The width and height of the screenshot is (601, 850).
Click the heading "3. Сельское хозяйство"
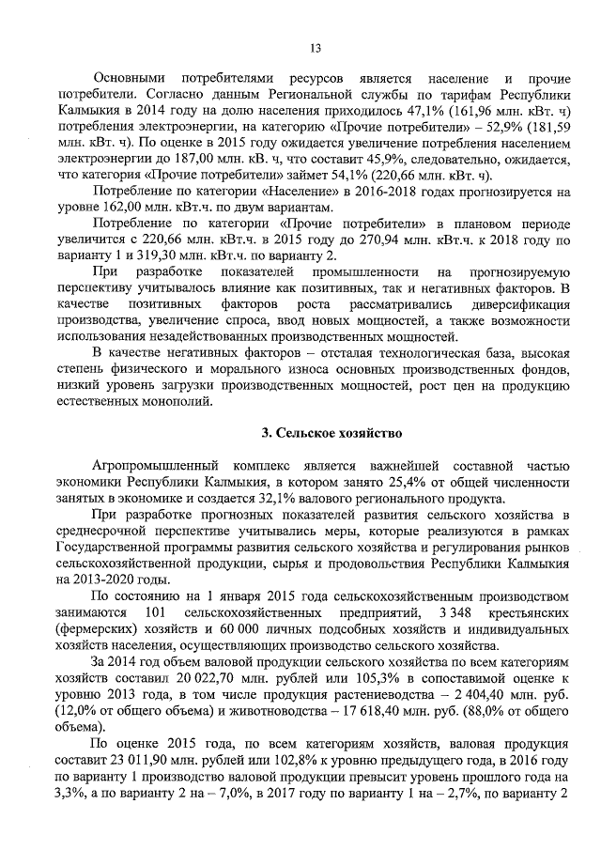(x=331, y=433)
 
